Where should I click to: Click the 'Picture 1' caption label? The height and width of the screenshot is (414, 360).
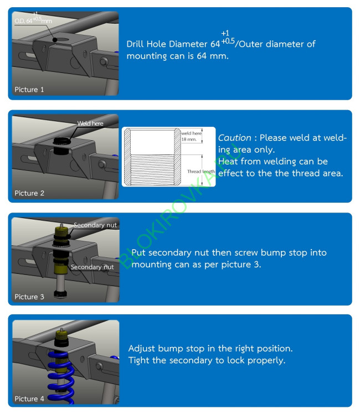[x=29, y=90]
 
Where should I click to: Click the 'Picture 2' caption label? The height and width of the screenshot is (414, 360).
[x=29, y=193]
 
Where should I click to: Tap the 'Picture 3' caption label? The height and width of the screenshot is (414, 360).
[x=29, y=297]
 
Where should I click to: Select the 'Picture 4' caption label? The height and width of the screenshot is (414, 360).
[x=29, y=399]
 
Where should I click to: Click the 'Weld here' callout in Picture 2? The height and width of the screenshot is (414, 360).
[x=90, y=123]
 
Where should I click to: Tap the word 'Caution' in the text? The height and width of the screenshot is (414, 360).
[x=232, y=138]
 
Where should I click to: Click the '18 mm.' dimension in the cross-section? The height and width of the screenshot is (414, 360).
[x=189, y=139]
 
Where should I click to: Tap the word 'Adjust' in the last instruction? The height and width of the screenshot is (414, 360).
[x=142, y=349]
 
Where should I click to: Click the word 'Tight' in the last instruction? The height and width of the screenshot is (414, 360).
[x=140, y=360]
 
